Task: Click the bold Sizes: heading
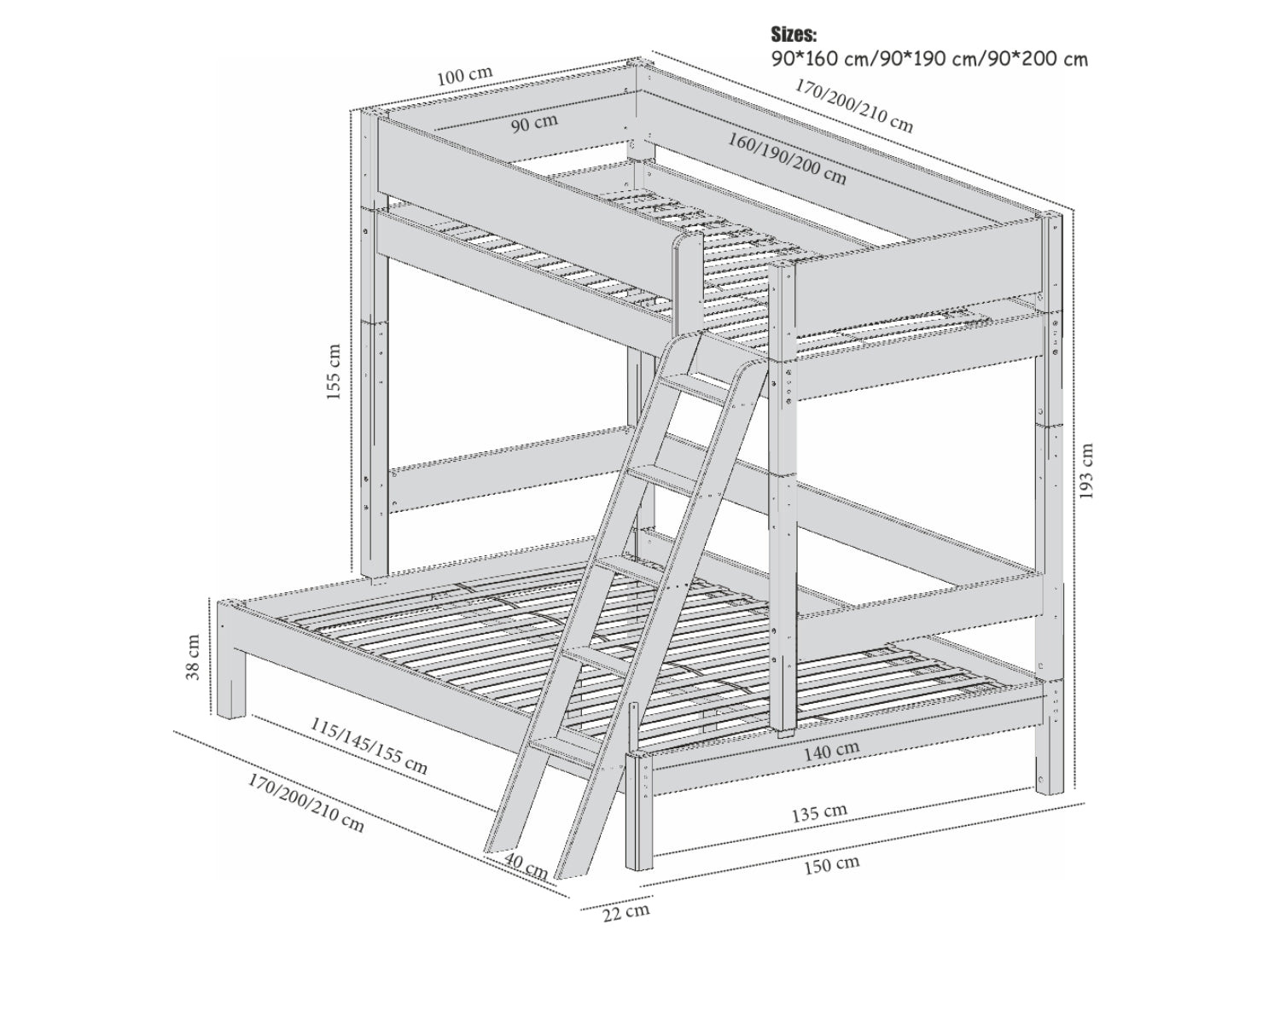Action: coord(794,34)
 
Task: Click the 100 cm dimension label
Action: coord(465,76)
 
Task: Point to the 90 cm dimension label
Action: coord(535,123)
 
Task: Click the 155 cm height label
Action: coord(335,372)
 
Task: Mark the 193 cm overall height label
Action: coord(1085,471)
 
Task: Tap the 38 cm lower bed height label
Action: coord(194,657)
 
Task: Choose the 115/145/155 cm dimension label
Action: coord(369,747)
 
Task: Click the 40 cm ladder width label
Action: coord(526,867)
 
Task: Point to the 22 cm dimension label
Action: coord(626,912)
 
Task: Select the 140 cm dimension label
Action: coord(831,751)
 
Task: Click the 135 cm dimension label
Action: coord(819,813)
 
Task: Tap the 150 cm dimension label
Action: coord(831,865)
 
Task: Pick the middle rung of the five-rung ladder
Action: coord(630,570)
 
